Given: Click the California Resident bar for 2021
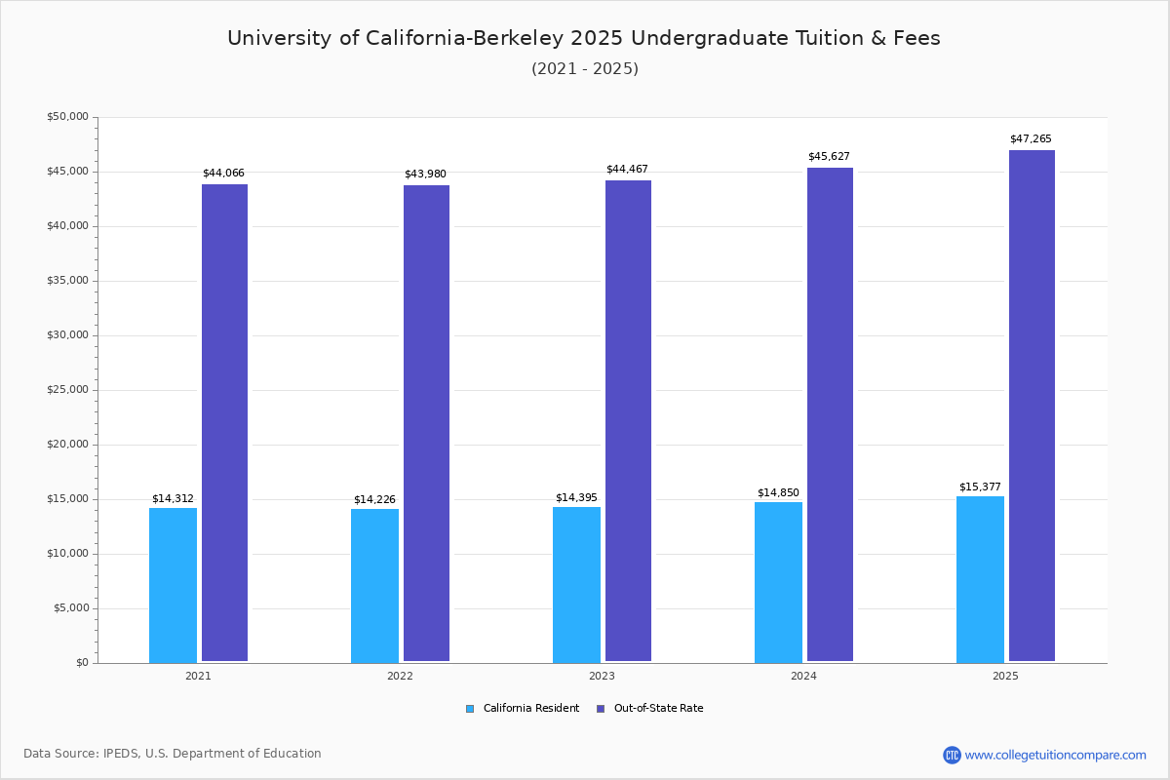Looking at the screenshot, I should [173, 585].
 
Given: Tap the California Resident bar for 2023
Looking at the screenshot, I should [576, 585].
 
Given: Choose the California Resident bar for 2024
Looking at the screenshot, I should [778, 582].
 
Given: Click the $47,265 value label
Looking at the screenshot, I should [1031, 139].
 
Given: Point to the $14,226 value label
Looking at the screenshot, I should [374, 499].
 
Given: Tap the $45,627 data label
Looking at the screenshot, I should [829, 157].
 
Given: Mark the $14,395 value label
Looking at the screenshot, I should [576, 498].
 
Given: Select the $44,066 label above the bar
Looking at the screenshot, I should [223, 174].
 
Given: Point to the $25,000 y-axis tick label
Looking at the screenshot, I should [67, 390].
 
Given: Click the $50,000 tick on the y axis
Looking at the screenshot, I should [67, 117].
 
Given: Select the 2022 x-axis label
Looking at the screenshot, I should [400, 676].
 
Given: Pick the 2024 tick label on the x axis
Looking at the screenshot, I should [803, 676].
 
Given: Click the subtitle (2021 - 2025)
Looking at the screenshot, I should [585, 69].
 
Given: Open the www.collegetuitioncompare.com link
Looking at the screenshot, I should [1055, 755].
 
